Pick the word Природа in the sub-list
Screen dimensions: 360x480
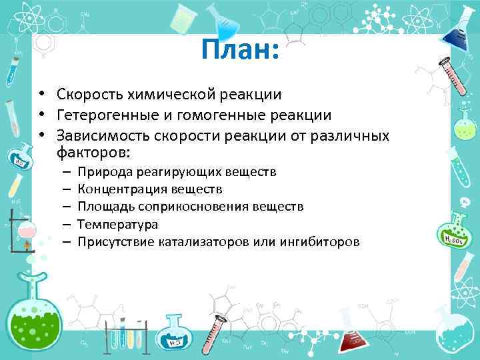click(105, 173)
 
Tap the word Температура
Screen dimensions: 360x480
click(117, 224)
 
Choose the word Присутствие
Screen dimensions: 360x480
click(117, 241)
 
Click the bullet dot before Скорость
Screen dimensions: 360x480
click(41, 95)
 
